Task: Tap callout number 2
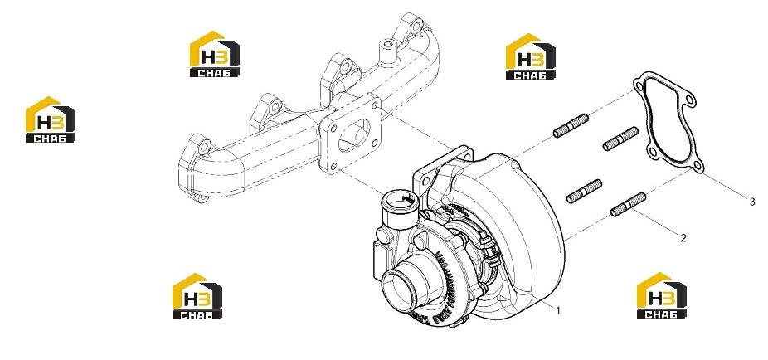point(683,238)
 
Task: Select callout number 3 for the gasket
point(752,202)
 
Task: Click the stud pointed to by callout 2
point(629,205)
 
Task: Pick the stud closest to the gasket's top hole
point(571,125)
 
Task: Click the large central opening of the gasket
point(665,124)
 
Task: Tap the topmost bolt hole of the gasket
point(639,87)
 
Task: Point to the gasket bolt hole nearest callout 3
point(698,166)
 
